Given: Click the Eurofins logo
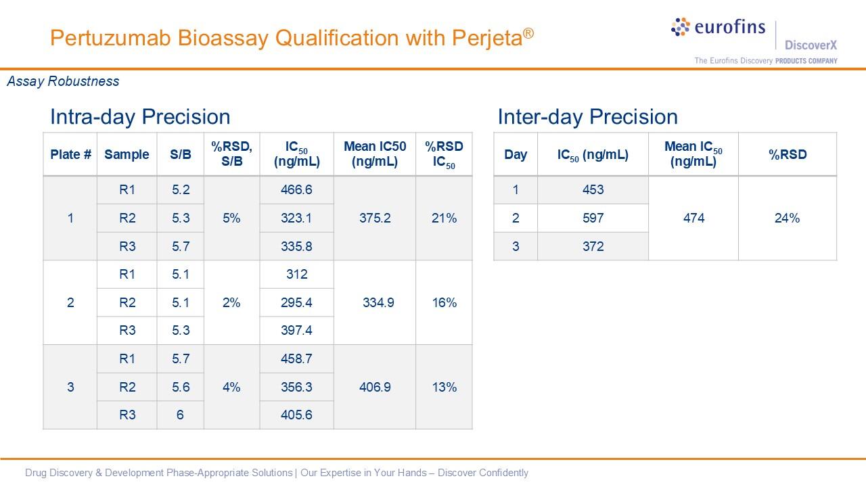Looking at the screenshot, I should coord(718,28).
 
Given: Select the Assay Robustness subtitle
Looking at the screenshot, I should coord(63,81).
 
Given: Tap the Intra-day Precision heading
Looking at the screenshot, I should coord(140,117).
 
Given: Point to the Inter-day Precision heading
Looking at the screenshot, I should coord(587,117).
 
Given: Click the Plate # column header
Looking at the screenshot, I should coord(70,154).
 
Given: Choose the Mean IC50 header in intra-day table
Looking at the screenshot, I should coord(375,154).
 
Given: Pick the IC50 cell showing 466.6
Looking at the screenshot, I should coord(296,190).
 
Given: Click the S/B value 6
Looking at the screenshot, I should coord(180,415).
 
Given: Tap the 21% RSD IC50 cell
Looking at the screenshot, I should coord(444,218).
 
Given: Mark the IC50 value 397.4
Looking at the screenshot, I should coord(296,330).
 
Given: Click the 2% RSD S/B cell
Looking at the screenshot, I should coord(231,302).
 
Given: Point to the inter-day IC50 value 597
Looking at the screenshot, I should coord(593,218).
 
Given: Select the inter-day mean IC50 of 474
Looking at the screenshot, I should coord(693,218).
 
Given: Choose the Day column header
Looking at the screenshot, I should coord(516,154).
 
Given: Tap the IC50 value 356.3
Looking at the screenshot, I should coord(296,387).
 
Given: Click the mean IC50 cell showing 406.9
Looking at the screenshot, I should coord(375,387).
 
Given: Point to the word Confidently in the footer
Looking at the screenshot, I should coord(503,473).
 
